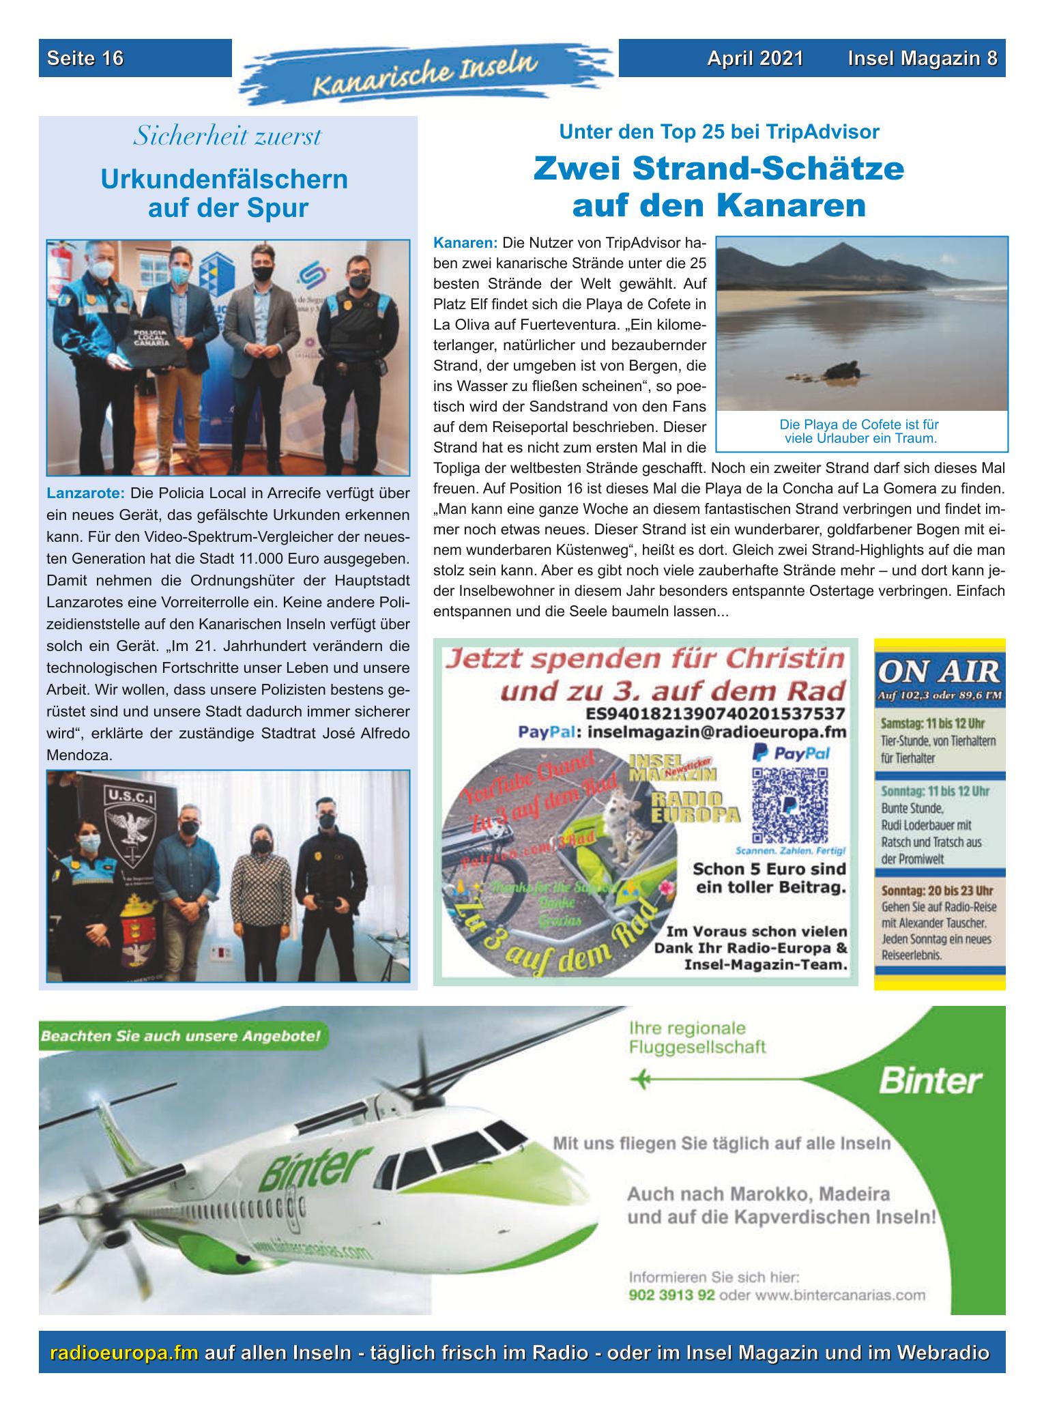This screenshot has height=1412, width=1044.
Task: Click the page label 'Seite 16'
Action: click(x=85, y=59)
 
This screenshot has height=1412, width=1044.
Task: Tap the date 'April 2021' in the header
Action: click(x=755, y=59)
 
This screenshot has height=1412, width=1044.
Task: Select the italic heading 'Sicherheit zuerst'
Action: click(x=227, y=136)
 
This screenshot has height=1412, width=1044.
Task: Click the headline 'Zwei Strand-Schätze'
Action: click(x=719, y=169)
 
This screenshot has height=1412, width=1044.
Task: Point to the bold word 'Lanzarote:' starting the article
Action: click(x=85, y=493)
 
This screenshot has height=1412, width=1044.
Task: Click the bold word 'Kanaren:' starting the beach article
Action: click(x=466, y=243)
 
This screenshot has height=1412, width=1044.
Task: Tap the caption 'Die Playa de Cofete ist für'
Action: click(x=859, y=424)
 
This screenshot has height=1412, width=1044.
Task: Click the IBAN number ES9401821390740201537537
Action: click(x=716, y=713)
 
